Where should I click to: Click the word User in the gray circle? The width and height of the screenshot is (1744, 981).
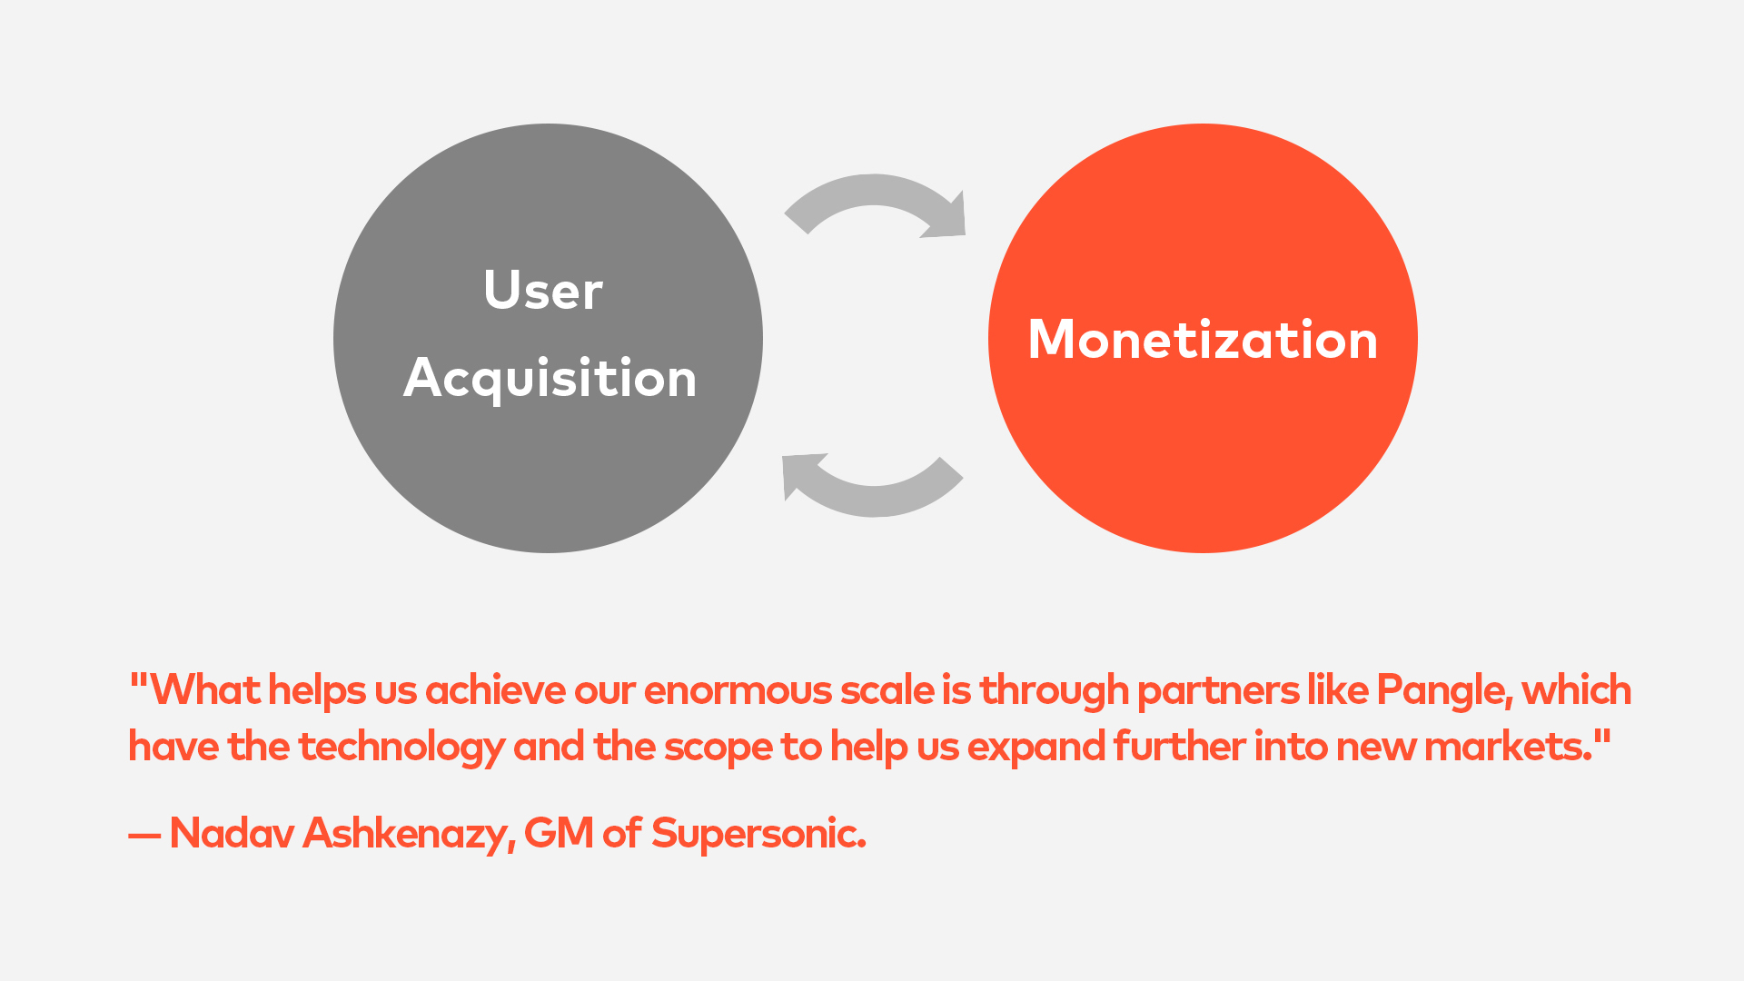click(x=543, y=290)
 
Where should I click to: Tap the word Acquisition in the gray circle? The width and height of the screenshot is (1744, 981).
click(x=550, y=379)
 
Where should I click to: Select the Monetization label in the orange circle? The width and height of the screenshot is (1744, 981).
click(x=1203, y=340)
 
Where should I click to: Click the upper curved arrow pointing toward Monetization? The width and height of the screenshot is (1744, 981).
click(x=874, y=191)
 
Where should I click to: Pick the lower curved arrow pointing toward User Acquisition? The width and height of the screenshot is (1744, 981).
click(x=874, y=500)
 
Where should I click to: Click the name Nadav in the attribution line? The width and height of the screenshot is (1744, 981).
click(x=232, y=833)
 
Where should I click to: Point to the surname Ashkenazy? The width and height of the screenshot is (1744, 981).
click(x=409, y=834)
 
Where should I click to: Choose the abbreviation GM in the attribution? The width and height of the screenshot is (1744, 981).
click(x=559, y=833)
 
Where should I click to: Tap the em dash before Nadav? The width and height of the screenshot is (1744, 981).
click(x=144, y=836)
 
